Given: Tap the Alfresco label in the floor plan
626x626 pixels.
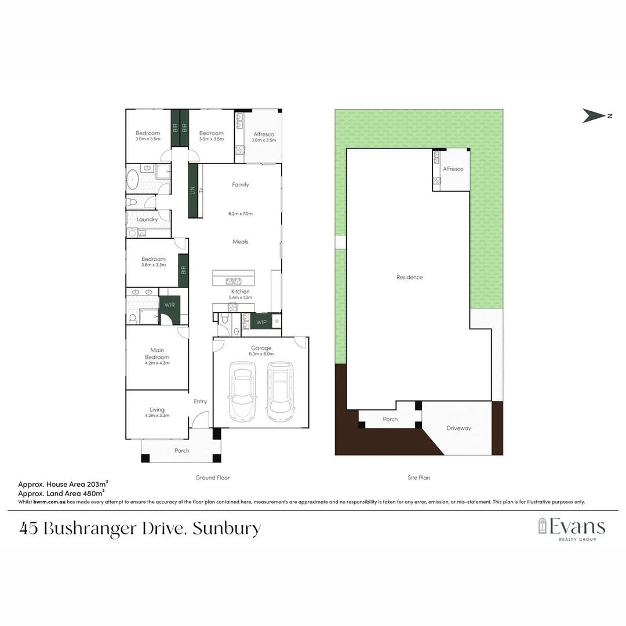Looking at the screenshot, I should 263,134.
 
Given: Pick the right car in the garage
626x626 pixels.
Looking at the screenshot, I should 281,392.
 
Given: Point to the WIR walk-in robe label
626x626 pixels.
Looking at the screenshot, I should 169,305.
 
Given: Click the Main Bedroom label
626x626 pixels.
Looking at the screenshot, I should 157,354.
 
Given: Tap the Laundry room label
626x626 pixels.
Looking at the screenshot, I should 147,220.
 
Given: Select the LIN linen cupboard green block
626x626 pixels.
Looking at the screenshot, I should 192,190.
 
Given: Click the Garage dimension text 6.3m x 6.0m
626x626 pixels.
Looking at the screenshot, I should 260,354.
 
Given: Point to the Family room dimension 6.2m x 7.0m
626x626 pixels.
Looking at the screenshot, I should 241,214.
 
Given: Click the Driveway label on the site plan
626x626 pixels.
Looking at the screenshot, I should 458,428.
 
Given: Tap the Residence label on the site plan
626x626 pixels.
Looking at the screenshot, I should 409,277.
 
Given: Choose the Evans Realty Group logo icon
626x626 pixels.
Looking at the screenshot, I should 543,526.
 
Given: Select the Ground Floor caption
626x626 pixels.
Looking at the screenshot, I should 213,478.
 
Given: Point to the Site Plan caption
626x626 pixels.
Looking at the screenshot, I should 418,478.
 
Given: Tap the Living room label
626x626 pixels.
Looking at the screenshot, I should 157,410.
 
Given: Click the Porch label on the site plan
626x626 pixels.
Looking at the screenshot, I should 390,419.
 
